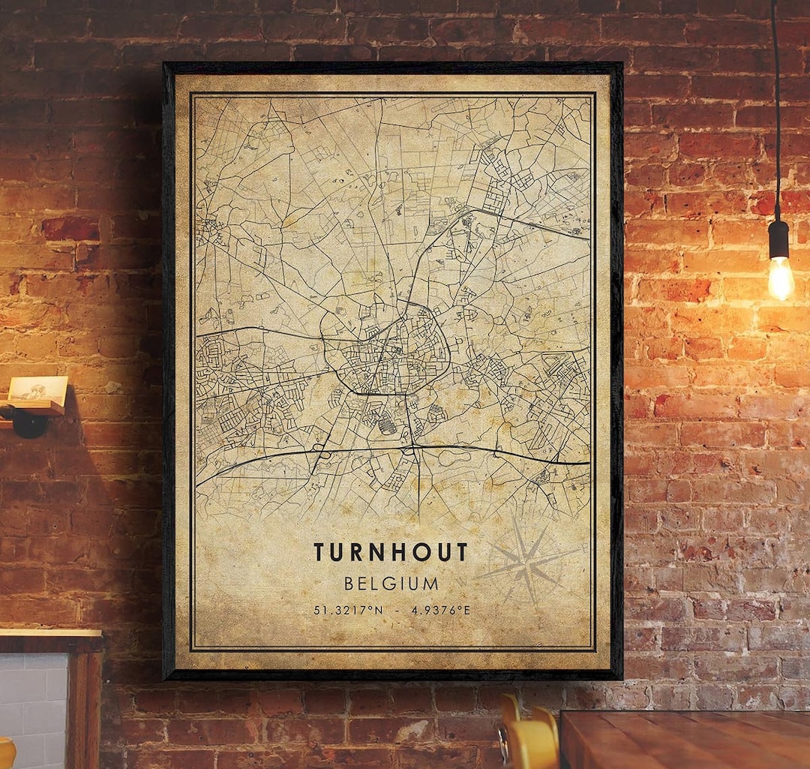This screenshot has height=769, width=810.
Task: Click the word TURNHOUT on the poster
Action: pyautogui.click(x=390, y=552)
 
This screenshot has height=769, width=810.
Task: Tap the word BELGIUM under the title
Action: pyautogui.click(x=391, y=583)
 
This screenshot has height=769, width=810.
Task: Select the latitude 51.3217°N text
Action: pyautogui.click(x=348, y=610)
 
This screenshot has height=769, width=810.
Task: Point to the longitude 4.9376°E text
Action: pyautogui.click(x=440, y=610)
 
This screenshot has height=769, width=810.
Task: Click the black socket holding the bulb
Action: pyautogui.click(x=779, y=239)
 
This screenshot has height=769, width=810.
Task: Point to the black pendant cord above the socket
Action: pyautogui.click(x=775, y=113)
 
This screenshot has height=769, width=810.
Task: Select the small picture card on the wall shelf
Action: pyautogui.click(x=37, y=389)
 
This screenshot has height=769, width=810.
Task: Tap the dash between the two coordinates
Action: pyautogui.click(x=397, y=610)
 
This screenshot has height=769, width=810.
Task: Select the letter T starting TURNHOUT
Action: pyautogui.click(x=319, y=552)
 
